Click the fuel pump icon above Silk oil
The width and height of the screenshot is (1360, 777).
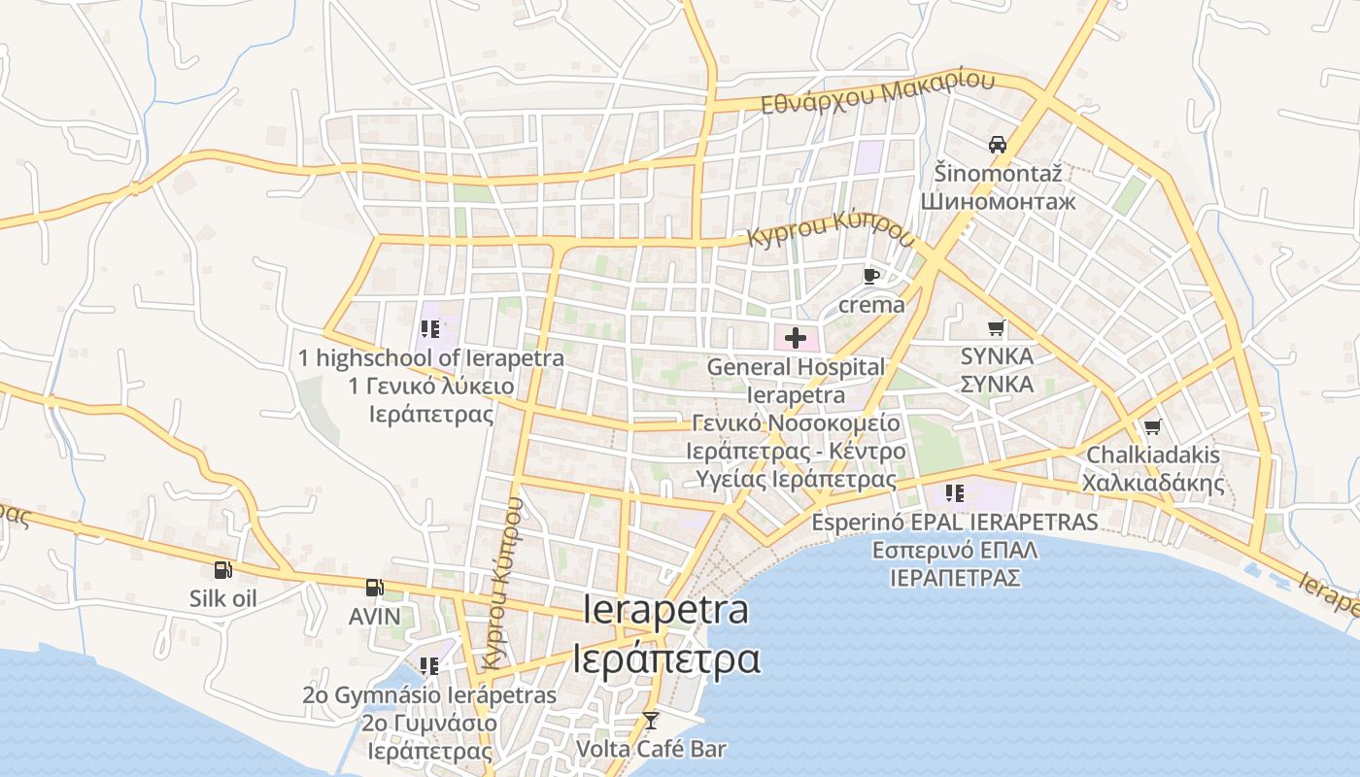tap(223, 570)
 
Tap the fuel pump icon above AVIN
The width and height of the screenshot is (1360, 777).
tap(374, 588)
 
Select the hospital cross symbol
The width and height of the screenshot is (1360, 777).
tap(796, 338)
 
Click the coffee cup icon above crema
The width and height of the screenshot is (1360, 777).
tap(871, 277)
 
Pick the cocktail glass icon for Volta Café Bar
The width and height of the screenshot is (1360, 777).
tap(651, 721)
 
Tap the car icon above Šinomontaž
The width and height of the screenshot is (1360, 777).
tap(997, 146)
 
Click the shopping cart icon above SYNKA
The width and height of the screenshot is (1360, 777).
tap(996, 328)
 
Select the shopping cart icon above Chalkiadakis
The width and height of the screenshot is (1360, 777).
tap(1153, 426)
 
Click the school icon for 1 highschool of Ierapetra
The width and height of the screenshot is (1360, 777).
tap(430, 329)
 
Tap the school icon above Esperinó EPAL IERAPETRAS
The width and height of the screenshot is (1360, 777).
tap(954, 493)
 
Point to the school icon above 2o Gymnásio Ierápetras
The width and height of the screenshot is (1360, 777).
tap(428, 666)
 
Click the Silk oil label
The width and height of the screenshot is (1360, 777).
tap(223, 598)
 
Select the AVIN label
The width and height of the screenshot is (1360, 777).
tap(374, 616)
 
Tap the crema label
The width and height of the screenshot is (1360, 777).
tap(871, 304)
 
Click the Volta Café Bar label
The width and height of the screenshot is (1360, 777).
tap(651, 749)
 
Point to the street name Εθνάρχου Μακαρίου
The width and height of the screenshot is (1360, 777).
tap(877, 94)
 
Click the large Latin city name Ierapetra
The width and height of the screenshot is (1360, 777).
tap(666, 610)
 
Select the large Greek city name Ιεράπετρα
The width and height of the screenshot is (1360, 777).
tap(666, 659)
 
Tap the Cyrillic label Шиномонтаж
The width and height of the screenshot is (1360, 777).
tap(998, 202)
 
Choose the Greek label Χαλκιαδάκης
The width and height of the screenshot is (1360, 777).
tap(1153, 483)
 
